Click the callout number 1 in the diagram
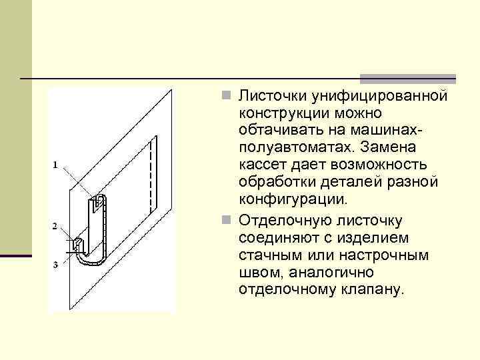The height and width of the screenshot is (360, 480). pyautogui.click(x=55, y=164)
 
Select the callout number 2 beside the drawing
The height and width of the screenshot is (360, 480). pyautogui.click(x=55, y=227)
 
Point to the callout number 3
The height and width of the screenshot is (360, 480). pyautogui.click(x=55, y=265)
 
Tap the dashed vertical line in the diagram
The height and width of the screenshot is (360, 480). pyautogui.click(x=155, y=173)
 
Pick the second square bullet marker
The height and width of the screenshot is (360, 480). pyautogui.click(x=228, y=219)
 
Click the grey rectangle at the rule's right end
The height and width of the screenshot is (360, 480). pyautogui.click(x=407, y=78)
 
